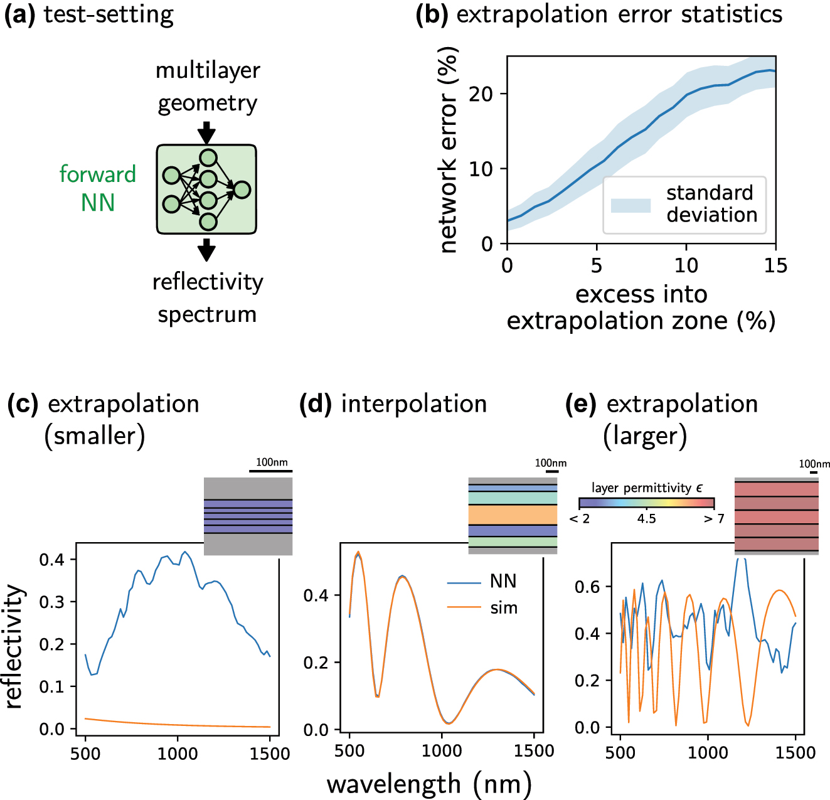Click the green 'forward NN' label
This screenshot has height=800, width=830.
(x=97, y=188)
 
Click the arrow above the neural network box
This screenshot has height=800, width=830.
(x=206, y=133)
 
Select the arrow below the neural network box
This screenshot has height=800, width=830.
(x=206, y=249)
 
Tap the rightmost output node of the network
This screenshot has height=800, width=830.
(x=242, y=189)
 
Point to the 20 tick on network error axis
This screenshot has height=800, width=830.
(x=481, y=94)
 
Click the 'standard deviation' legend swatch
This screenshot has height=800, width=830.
(x=630, y=205)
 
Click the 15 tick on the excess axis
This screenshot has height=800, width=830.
(x=775, y=265)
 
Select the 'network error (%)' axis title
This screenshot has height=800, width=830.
(x=448, y=151)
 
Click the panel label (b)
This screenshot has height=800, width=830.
(x=432, y=14)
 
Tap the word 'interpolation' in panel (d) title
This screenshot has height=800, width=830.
(x=414, y=404)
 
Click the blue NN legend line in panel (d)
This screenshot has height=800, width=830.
(x=464, y=583)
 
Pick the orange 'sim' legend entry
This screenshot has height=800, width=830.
(x=483, y=607)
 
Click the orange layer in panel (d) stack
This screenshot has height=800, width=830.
(x=513, y=515)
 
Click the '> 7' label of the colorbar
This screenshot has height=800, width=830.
(x=714, y=519)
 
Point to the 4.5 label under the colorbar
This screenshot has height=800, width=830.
(x=646, y=519)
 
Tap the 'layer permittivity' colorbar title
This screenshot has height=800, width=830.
(x=646, y=488)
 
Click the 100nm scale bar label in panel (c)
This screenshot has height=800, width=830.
(x=272, y=462)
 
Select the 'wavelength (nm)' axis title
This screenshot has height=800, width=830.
(x=429, y=784)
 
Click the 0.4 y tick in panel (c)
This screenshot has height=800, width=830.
(x=52, y=559)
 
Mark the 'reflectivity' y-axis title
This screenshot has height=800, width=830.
(x=14, y=646)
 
